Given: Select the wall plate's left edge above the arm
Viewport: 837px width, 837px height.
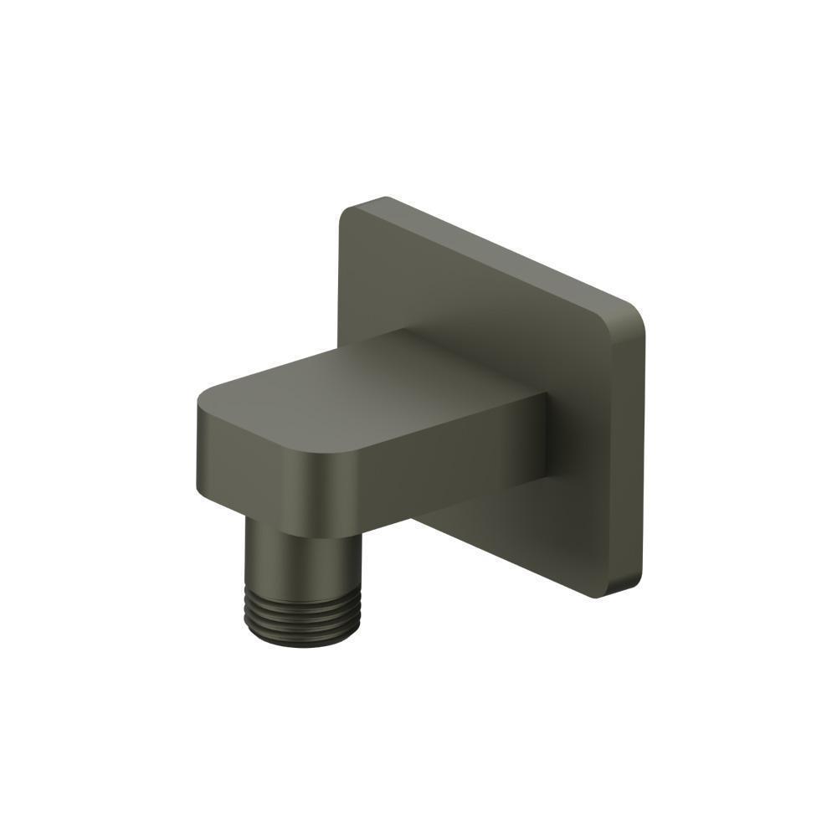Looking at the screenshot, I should click(341, 276).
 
